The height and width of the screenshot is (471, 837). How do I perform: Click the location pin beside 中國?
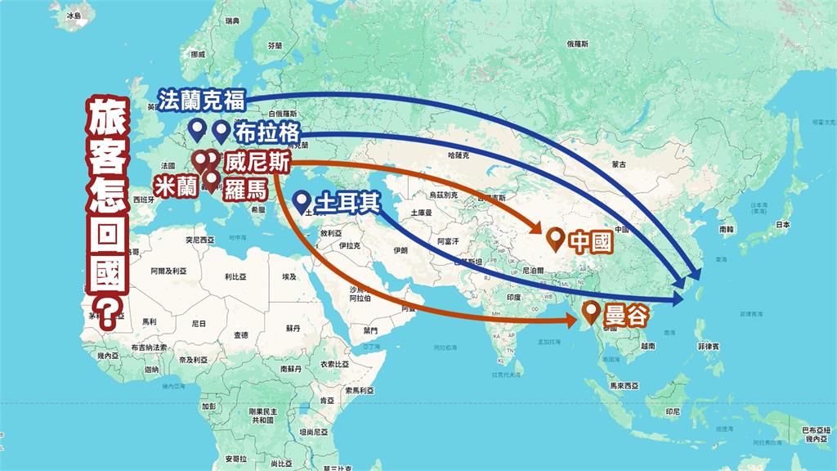[557, 239]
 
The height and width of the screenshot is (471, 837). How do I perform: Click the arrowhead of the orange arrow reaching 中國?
[541, 231]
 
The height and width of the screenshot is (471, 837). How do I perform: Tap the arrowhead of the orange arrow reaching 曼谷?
[574, 320]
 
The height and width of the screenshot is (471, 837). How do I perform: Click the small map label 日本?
[783, 224]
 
